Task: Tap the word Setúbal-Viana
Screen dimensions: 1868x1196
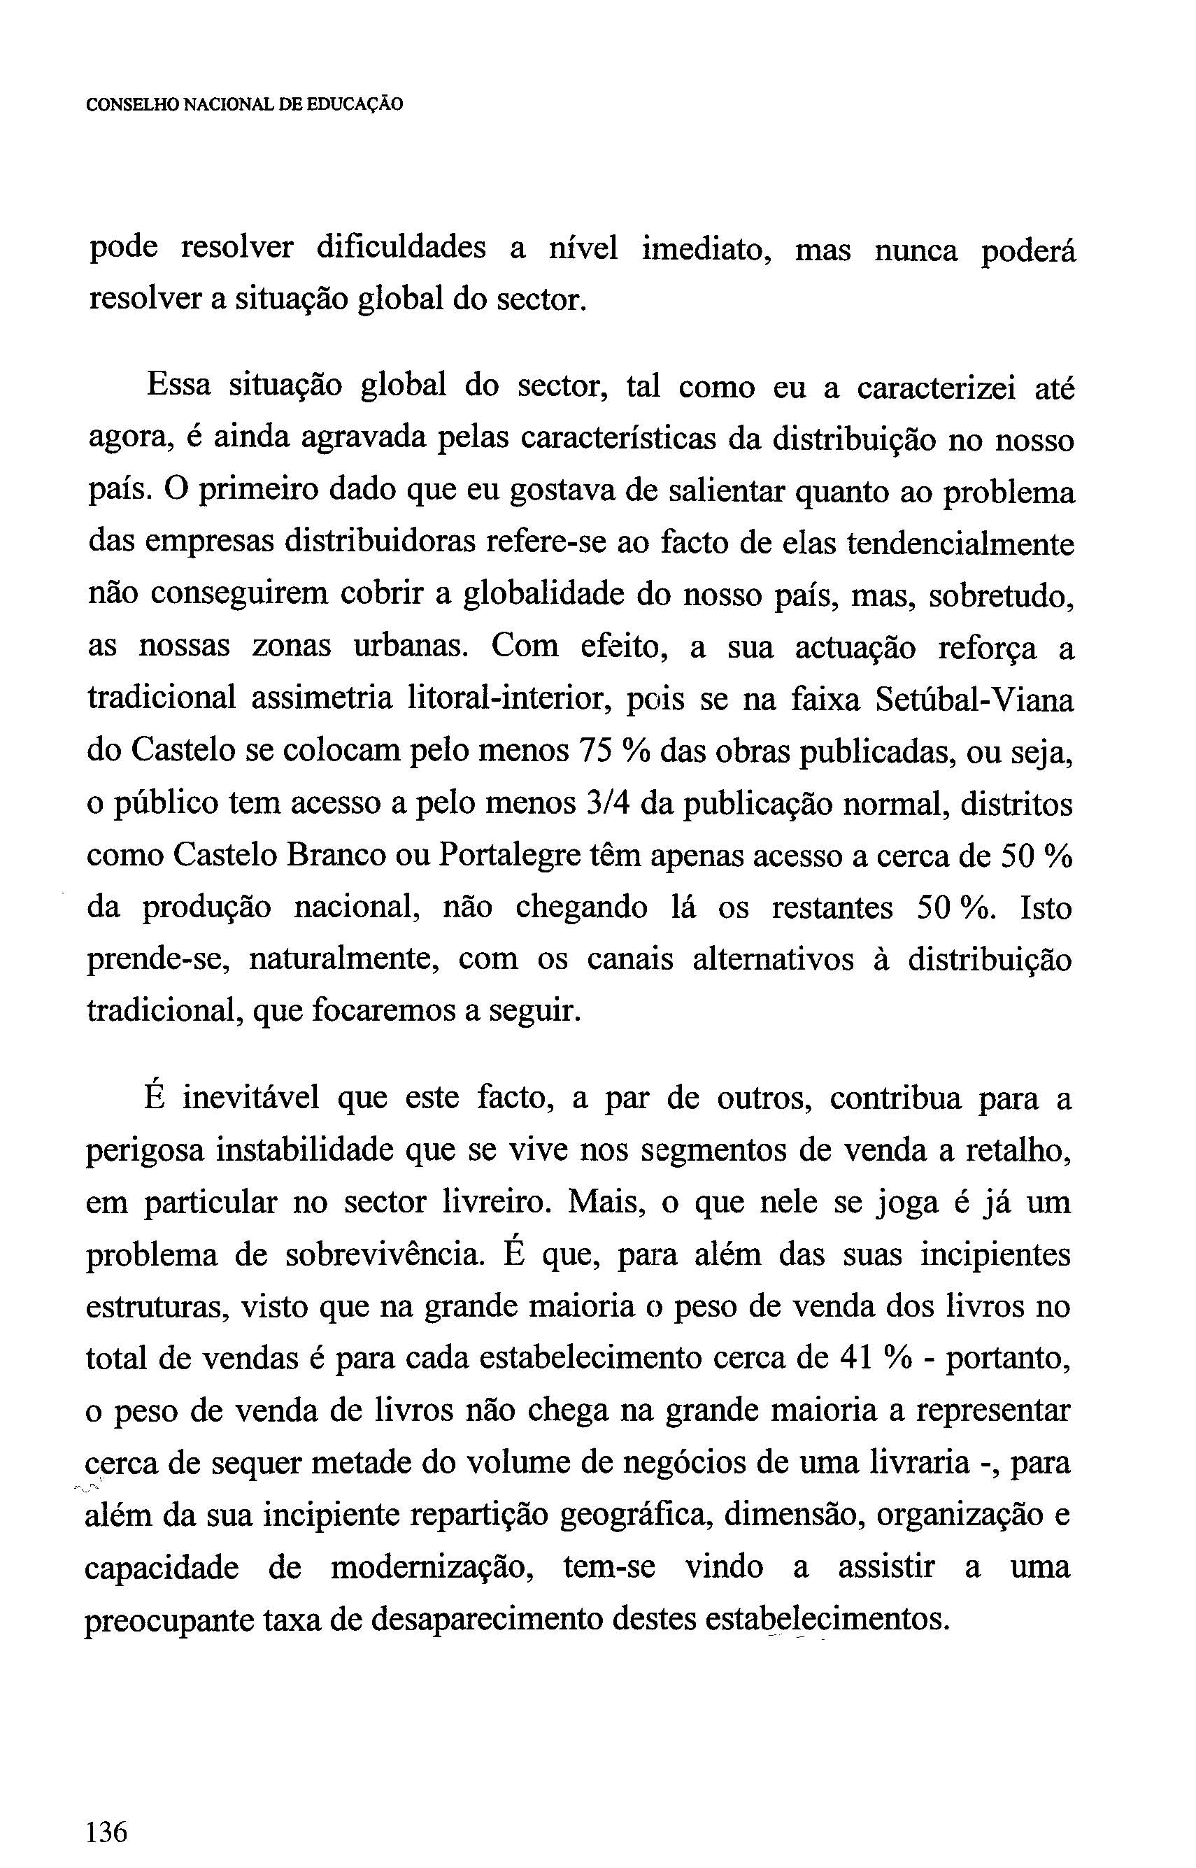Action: point(975,700)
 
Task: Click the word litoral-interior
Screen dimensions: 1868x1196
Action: point(505,700)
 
